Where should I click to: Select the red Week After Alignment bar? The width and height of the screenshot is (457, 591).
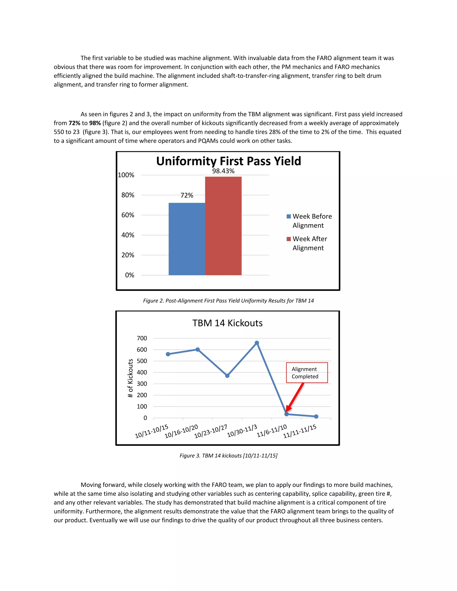coord(223,226)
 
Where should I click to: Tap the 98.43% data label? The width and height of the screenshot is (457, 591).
coord(223,171)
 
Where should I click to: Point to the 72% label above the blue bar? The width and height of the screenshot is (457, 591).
coord(187,195)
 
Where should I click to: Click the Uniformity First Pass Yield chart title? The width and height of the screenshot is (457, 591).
coord(228,161)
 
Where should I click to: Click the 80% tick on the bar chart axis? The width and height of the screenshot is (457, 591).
coord(128,195)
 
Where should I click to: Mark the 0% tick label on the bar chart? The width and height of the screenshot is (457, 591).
coord(130,275)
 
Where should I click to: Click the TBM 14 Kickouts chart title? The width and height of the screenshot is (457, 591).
coord(227,323)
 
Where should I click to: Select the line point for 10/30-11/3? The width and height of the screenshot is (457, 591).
coord(257,343)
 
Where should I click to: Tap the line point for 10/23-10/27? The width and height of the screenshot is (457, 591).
coord(227,376)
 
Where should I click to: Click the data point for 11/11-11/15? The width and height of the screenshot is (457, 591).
coord(316,416)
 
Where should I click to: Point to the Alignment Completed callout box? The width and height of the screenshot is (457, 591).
coord(307,373)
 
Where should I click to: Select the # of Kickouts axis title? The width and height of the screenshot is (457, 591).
coord(130,378)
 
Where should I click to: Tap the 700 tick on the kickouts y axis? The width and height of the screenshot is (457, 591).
coord(142,338)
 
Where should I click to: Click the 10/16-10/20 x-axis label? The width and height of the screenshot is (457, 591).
coord(181,431)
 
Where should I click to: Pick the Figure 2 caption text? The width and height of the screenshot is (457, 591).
coord(228,301)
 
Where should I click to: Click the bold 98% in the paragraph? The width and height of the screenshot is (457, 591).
coord(95,123)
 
